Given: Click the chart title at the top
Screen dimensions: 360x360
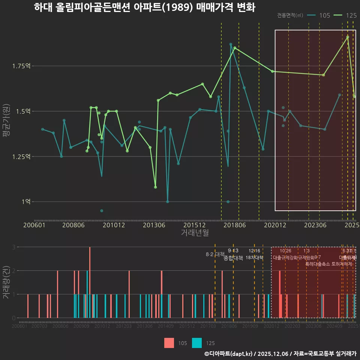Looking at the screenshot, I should point(144,7).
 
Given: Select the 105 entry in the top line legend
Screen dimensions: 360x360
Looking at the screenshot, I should point(318,15).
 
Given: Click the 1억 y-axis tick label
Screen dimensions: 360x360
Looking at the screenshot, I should point(26,202).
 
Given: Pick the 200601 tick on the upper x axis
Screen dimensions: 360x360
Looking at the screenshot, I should point(34,225).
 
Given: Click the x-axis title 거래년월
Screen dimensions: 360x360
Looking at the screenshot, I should point(195,233).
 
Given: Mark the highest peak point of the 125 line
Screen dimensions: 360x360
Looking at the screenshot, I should point(348,37).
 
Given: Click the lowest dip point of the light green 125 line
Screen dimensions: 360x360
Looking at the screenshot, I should point(155,187).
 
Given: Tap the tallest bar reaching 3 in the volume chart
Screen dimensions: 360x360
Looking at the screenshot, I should point(90,282).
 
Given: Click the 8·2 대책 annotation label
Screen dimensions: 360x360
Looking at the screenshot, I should point(215,254).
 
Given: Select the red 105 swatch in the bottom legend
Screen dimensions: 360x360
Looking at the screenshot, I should point(169,343).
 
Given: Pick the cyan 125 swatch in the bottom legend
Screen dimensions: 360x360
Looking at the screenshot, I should point(197,343).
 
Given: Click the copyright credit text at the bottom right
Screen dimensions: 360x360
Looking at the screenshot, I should point(280,354).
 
